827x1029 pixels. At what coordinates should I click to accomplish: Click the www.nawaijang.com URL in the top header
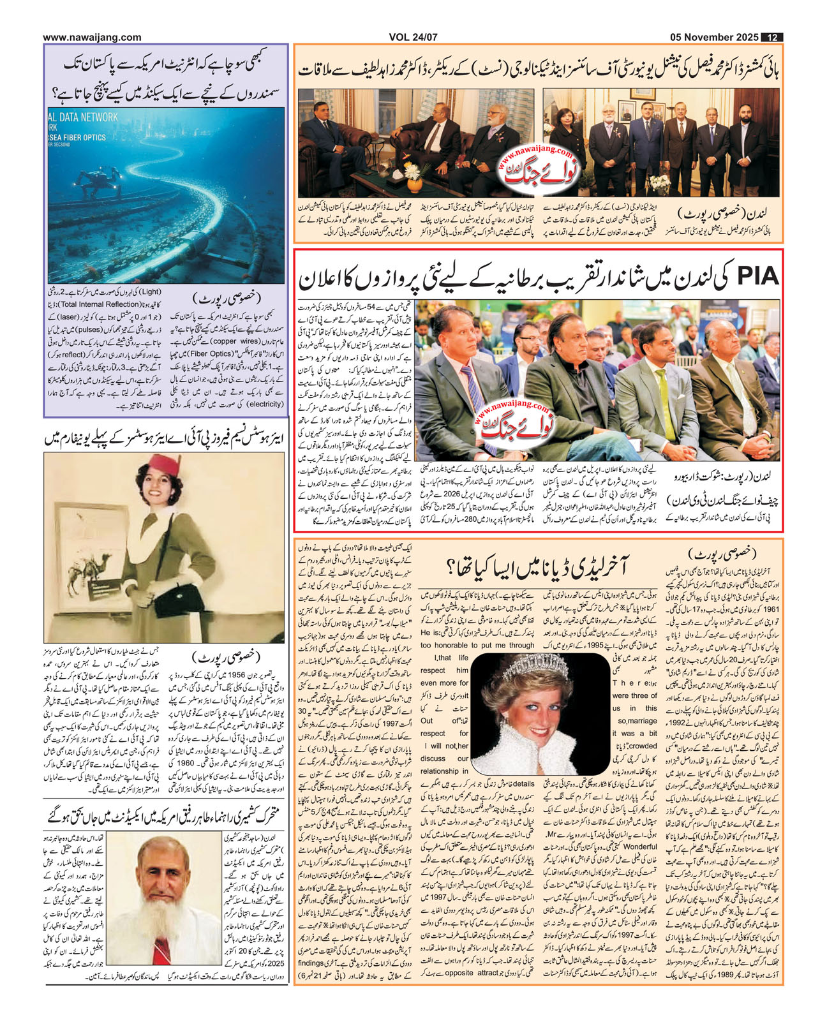93,38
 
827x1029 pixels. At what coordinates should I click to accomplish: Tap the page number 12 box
774,38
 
